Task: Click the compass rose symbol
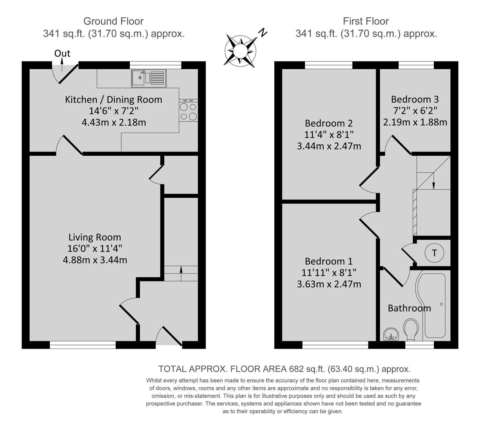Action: (x=240, y=50)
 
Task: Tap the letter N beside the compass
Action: (x=263, y=32)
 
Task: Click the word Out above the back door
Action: (x=62, y=54)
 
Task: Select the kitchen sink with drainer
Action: (x=149, y=78)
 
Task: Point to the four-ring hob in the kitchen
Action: (x=188, y=110)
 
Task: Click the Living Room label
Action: (x=95, y=237)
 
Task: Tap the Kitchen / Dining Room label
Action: (x=114, y=99)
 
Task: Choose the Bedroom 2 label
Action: (x=329, y=123)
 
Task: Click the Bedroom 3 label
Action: (x=415, y=99)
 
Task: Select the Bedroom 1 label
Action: (x=329, y=261)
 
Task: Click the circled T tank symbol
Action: (x=434, y=253)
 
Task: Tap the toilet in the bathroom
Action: (x=411, y=329)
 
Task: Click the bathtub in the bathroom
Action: (x=433, y=305)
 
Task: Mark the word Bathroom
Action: (x=409, y=308)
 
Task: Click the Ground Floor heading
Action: (x=113, y=21)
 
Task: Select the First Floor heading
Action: (x=366, y=21)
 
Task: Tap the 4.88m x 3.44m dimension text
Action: (x=95, y=260)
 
